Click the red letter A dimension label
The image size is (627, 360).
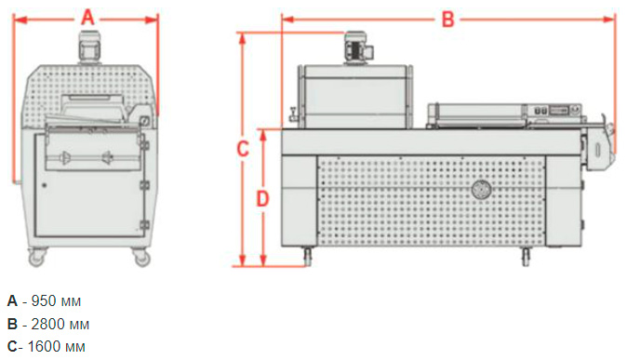coord(87,18)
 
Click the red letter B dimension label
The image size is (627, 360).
coord(447,19)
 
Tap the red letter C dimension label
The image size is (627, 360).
coord(243,149)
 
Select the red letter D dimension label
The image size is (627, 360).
coord(262,198)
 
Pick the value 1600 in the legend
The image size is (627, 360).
coord(44,346)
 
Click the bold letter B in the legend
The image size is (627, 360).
coord(12,324)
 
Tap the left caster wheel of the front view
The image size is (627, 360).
coord(36,257)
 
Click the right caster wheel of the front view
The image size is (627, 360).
coord(141,257)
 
